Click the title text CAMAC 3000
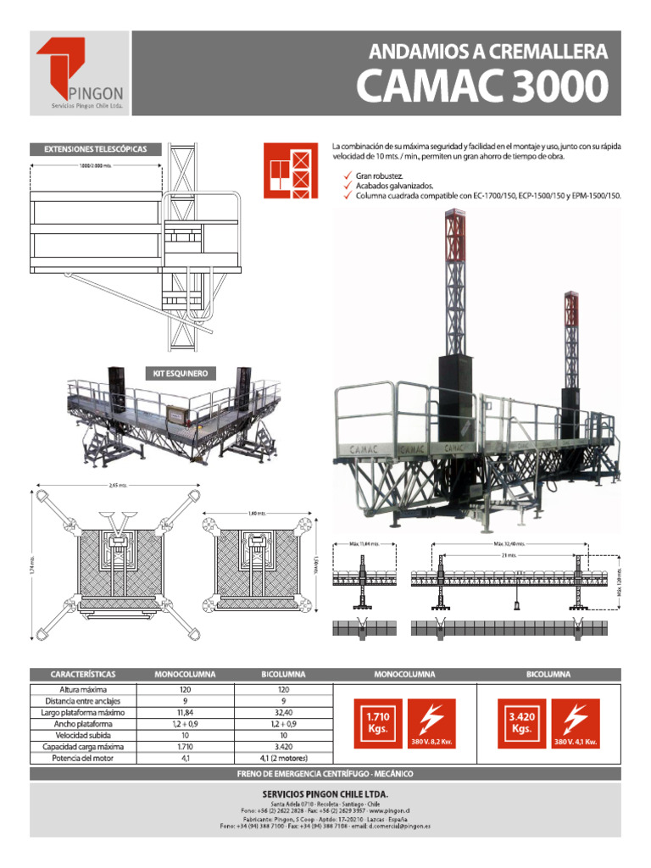click(x=481, y=86)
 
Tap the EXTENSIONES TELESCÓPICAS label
click(x=96, y=149)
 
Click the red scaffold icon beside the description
click(x=288, y=170)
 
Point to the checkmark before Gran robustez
click(x=347, y=175)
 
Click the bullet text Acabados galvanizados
click(x=394, y=185)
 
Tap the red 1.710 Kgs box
click(x=377, y=723)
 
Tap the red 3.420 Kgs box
click(x=521, y=723)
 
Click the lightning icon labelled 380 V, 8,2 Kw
click(x=431, y=723)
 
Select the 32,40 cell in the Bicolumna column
click(x=285, y=713)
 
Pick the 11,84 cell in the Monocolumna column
click(x=185, y=713)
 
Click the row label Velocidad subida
click(x=82, y=736)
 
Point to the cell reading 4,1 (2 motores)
click(x=285, y=759)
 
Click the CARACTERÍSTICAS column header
click(x=82, y=675)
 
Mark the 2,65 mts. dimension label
click(x=118, y=486)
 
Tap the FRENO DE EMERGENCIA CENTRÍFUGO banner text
click(x=325, y=775)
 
